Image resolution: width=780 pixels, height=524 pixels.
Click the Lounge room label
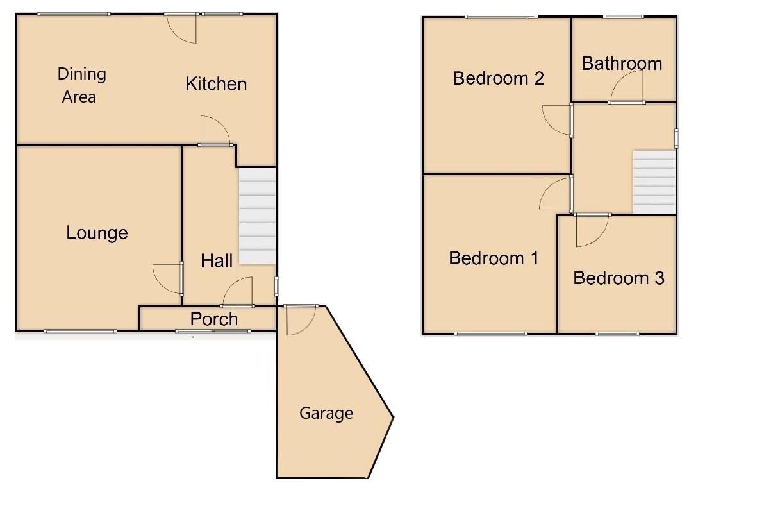click(97, 233)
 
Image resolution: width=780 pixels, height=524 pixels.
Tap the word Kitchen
click(216, 84)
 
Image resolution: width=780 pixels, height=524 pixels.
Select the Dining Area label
click(81, 85)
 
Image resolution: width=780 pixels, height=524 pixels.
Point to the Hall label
click(217, 260)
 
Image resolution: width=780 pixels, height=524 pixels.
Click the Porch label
click(214, 319)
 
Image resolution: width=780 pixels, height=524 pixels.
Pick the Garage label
click(326, 414)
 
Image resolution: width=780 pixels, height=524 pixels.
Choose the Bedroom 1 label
click(494, 258)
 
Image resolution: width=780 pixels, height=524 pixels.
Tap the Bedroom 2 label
click(498, 78)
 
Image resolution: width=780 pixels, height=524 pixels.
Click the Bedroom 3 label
click(618, 278)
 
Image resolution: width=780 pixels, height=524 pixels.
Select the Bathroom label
click(622, 63)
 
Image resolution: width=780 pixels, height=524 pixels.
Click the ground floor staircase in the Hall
click(257, 216)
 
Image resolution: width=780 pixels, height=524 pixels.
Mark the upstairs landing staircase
click(654, 182)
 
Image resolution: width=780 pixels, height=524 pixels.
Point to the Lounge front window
click(80, 331)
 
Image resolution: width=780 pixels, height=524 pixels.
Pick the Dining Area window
click(73, 14)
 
